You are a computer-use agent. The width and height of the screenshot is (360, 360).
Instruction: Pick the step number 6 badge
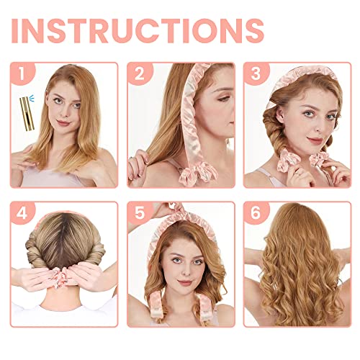pos(254,212)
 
